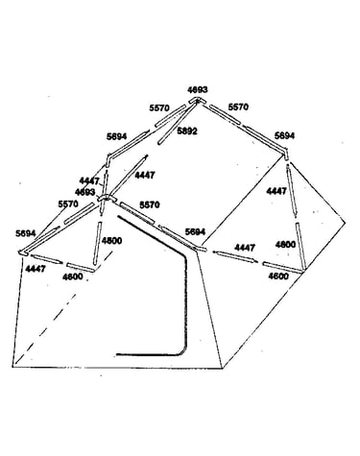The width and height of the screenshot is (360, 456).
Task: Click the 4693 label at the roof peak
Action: click(x=198, y=89)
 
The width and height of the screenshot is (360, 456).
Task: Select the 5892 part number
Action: click(x=187, y=131)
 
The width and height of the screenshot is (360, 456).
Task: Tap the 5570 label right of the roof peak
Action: click(x=238, y=107)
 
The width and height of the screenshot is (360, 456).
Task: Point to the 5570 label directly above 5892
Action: click(x=159, y=108)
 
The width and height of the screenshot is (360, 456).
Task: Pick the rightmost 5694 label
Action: click(x=284, y=135)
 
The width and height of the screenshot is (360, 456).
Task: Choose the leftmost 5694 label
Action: click(x=25, y=233)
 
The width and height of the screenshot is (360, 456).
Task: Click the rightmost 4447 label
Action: click(x=276, y=191)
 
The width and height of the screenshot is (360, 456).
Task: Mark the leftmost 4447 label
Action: click(x=36, y=269)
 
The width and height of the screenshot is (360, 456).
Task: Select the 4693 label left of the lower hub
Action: click(x=84, y=192)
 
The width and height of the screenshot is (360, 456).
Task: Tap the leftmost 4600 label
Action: click(x=73, y=276)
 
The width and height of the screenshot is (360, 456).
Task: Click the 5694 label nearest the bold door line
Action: click(x=195, y=231)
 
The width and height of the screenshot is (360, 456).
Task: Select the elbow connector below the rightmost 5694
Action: click(x=286, y=153)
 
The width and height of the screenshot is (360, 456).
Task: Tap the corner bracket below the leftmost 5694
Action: click(x=23, y=252)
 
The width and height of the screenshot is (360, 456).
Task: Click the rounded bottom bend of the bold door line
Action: click(x=182, y=351)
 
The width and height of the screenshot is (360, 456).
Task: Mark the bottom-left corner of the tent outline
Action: click(x=12, y=366)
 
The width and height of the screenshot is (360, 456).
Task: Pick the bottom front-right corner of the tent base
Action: click(x=222, y=369)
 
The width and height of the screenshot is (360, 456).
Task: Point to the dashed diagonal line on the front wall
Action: click(x=62, y=309)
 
